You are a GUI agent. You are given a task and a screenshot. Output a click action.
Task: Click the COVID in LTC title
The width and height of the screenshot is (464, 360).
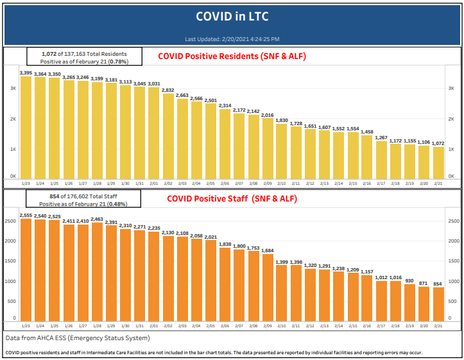pyautogui.click(x=231, y=15)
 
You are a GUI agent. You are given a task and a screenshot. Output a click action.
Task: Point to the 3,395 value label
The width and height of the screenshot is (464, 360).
pyautogui.click(x=26, y=73)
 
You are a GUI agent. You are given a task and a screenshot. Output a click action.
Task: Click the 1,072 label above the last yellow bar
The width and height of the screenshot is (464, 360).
pyautogui.click(x=438, y=143)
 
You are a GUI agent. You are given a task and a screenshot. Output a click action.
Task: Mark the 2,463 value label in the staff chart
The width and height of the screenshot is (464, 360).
pyautogui.click(x=98, y=219)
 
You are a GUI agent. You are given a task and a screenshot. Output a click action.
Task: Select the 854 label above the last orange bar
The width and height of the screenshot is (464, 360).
pyautogui.click(x=438, y=283)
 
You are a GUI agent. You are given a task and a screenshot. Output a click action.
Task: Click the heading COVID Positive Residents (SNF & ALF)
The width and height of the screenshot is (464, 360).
pyautogui.click(x=232, y=56)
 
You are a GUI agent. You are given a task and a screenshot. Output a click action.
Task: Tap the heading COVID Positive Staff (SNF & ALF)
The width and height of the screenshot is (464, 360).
pyautogui.click(x=232, y=198)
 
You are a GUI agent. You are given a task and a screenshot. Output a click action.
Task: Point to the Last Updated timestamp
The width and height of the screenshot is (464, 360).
pyautogui.click(x=232, y=39)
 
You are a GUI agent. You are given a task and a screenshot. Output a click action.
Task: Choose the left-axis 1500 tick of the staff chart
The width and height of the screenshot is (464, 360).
pyautogui.click(x=10, y=261)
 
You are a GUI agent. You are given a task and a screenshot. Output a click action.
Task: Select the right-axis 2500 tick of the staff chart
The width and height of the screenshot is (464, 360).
pyautogui.click(x=454, y=221)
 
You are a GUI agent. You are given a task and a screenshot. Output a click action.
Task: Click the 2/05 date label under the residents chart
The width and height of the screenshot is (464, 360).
pyautogui.click(x=211, y=184)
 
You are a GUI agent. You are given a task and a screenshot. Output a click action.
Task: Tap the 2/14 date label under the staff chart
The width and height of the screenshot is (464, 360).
pyautogui.click(x=339, y=325)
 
